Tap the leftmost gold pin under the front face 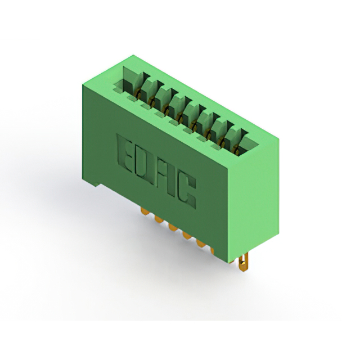tap(144, 211)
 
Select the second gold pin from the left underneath tap(159, 219)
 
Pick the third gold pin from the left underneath tap(173, 227)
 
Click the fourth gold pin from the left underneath tap(187, 235)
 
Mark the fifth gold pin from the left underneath tap(201, 244)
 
